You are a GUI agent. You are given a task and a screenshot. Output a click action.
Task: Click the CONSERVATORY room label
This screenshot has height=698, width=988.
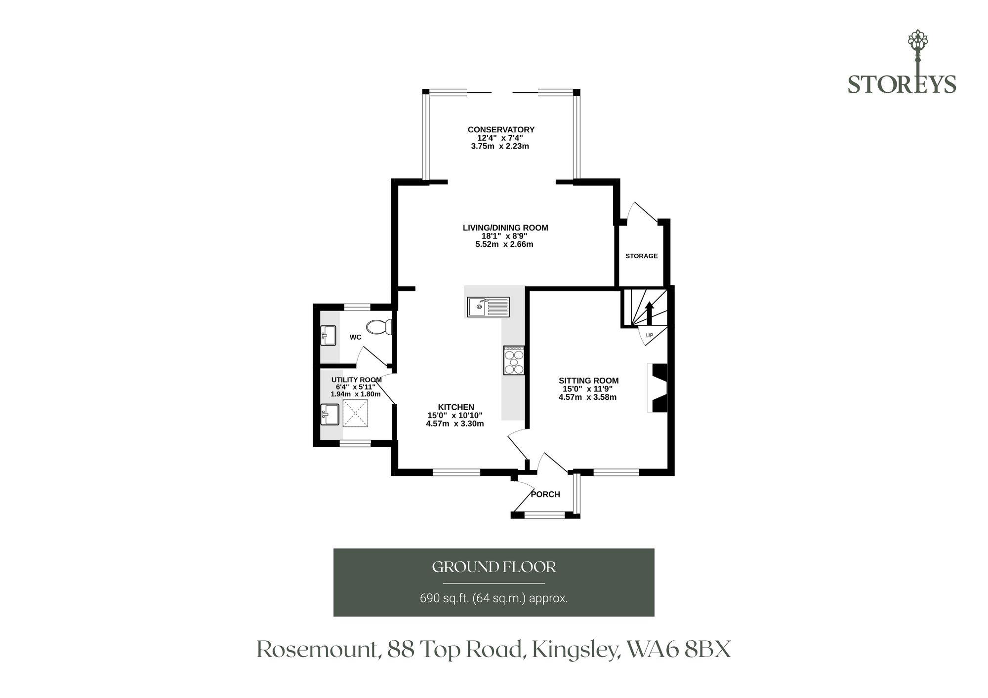501,130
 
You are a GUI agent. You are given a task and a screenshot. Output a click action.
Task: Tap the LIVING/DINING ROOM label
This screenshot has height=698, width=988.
505,228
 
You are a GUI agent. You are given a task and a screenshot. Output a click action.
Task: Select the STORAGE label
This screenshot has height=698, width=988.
642,256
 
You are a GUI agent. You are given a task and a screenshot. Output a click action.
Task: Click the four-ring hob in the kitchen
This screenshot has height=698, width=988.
514,360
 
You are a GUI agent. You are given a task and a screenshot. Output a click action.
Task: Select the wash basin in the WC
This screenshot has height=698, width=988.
329,336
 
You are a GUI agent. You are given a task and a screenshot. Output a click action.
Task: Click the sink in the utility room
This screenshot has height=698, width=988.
329,415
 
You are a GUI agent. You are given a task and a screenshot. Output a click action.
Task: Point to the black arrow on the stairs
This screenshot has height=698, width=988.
649,313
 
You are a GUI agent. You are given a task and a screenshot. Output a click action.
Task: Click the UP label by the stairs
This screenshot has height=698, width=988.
650,335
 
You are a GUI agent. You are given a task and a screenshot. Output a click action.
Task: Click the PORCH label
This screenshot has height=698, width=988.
545,494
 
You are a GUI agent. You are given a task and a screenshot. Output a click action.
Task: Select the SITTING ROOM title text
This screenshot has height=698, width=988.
588,381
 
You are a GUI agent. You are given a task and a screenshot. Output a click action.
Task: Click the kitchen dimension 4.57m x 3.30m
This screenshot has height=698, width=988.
454,424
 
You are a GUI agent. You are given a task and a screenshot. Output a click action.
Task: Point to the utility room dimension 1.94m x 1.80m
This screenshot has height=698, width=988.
355,394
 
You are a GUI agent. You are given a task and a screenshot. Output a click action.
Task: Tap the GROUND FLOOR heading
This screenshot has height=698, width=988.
494,567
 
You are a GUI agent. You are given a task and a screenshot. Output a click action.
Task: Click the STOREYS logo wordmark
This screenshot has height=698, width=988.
902,84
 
